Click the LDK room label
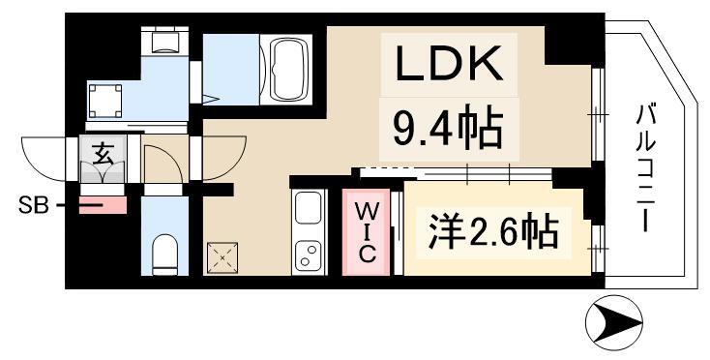pos(446,65)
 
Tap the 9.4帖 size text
pos(446,126)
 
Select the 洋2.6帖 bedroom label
pos(492,231)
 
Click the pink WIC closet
pos(369,232)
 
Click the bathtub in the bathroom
pos(291,70)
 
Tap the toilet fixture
pos(165,253)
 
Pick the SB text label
pos(32,205)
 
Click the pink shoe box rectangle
pos(102,204)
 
